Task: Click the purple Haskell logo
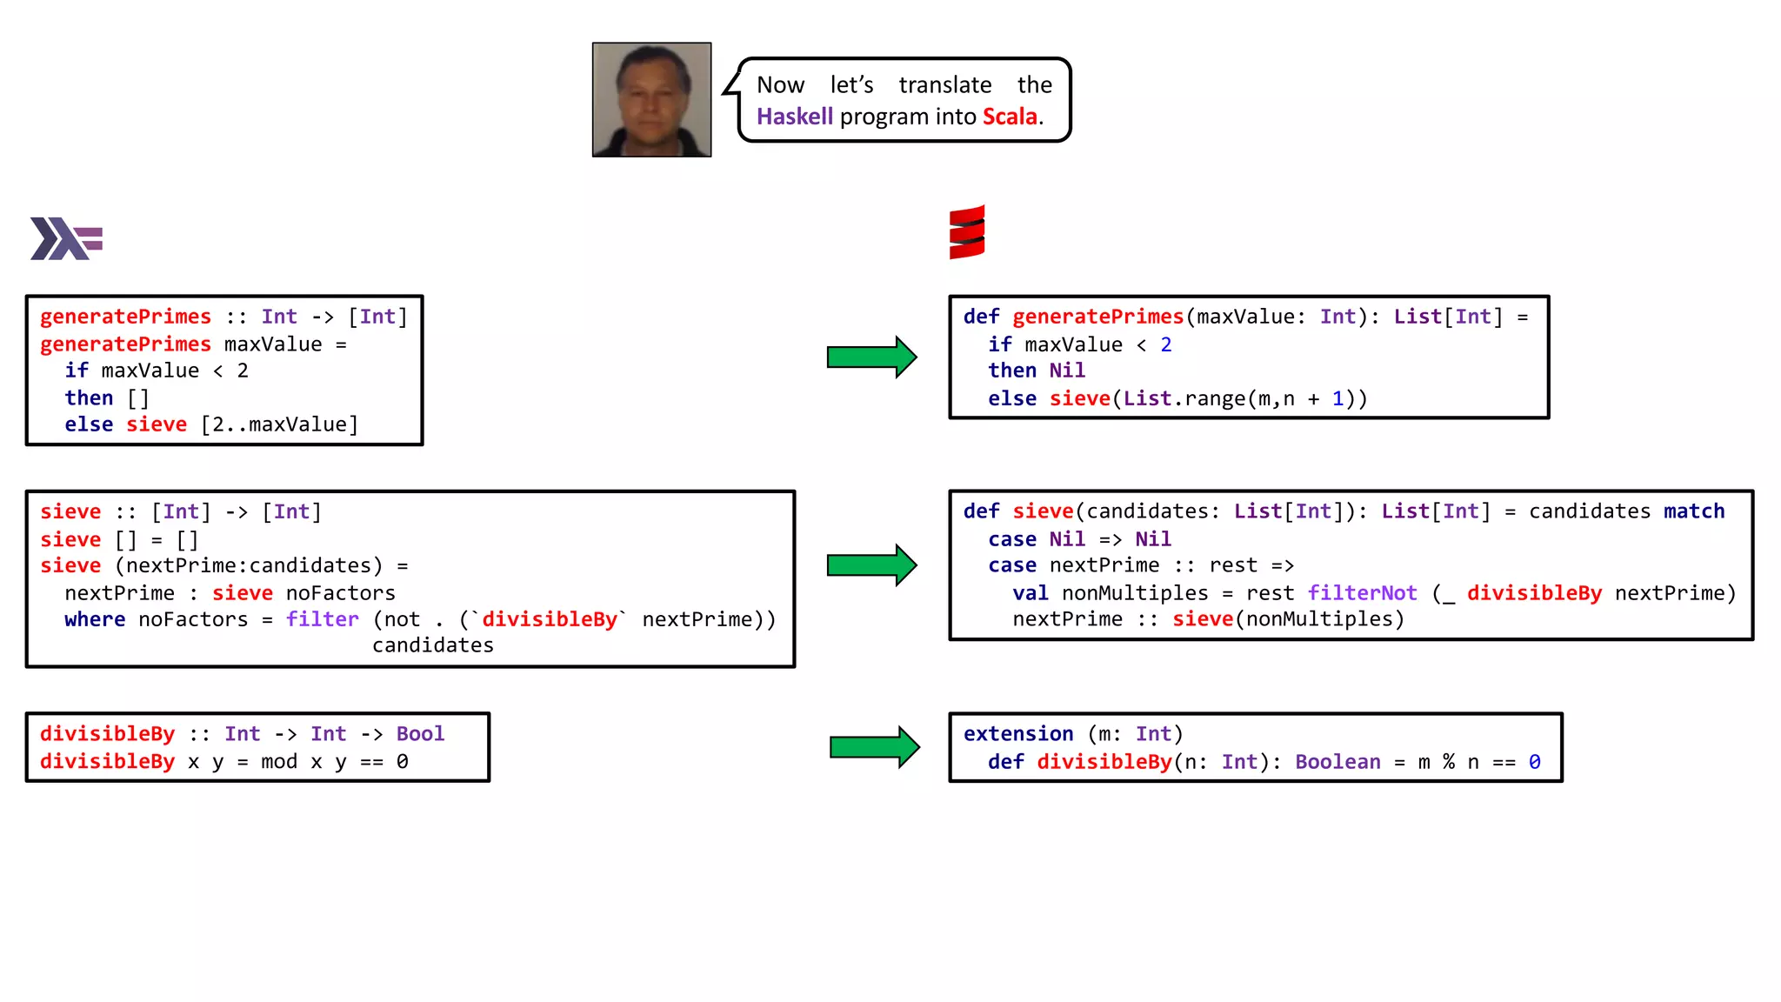pos(66,238)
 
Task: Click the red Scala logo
pos(967,232)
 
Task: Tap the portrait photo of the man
pos(651,99)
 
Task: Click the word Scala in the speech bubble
pos(1010,117)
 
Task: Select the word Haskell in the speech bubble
pos(794,117)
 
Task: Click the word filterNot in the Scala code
pos(1362,593)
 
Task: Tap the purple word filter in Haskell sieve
pos(322,619)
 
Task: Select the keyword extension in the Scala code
pos(1017,734)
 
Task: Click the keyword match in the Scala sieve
pos(1693,511)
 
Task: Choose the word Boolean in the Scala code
pos(1337,762)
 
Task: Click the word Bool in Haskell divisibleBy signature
pos(420,734)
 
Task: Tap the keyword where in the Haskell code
pos(94,619)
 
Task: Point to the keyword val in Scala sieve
pos(1030,593)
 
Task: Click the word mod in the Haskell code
pos(278,762)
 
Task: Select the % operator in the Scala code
pos(1448,762)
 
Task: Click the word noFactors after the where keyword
pos(193,619)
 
